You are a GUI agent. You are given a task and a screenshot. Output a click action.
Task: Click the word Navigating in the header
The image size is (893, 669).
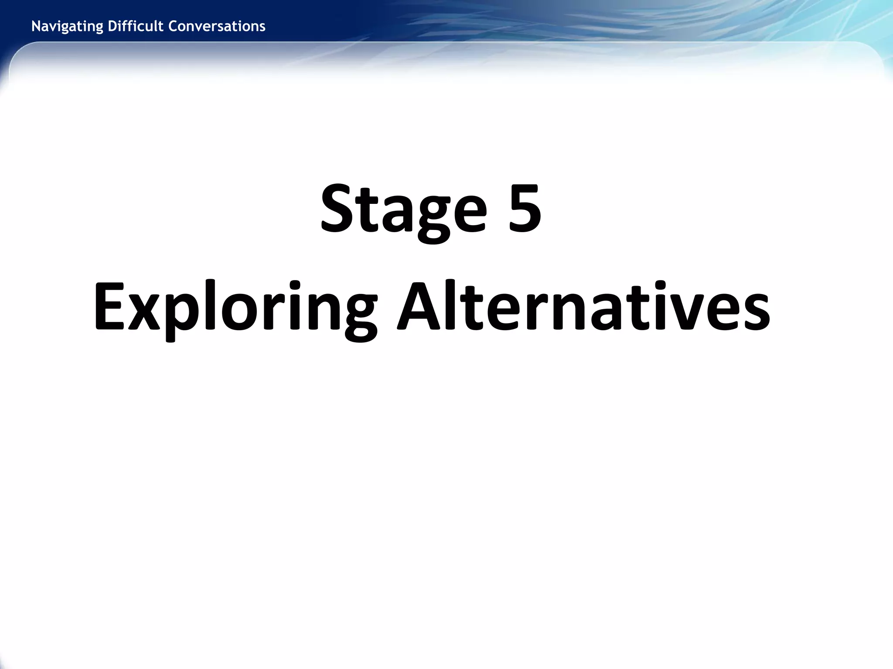(x=68, y=27)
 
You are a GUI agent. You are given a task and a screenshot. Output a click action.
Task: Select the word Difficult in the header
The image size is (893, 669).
(x=136, y=27)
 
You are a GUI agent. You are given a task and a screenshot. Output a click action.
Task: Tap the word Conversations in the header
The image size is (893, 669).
(x=217, y=27)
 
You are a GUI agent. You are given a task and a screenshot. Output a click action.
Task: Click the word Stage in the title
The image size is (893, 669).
(x=403, y=209)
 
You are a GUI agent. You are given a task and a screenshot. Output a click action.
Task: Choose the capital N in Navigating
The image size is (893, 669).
(x=36, y=26)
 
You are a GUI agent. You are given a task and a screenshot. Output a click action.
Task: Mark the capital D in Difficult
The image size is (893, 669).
(x=112, y=26)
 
